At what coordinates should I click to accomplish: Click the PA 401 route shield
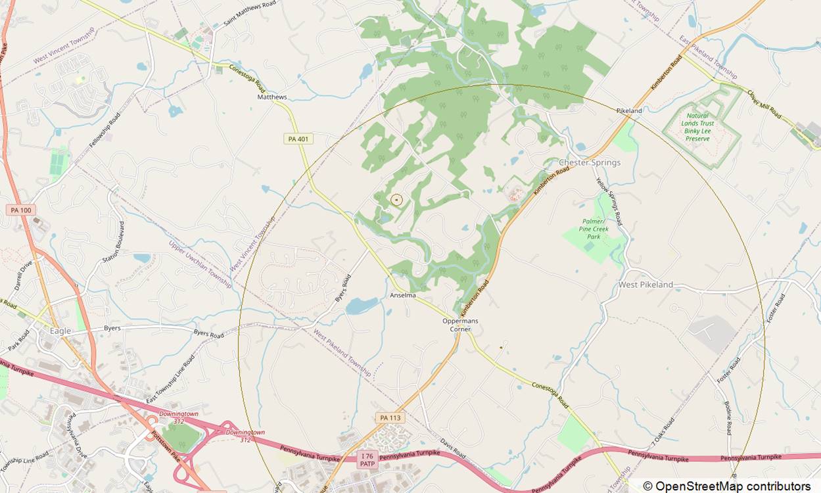pos(298,139)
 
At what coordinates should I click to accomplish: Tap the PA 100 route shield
pos(21,210)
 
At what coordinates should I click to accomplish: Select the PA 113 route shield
pos(389,417)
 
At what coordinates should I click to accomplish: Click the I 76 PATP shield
pos(367,459)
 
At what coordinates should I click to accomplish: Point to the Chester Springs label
pos(589,162)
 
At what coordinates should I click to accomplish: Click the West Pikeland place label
pos(645,285)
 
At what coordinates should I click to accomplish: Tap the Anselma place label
pos(403,295)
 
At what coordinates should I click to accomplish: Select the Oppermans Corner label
pos(460,325)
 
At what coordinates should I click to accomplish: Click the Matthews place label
pos(271,97)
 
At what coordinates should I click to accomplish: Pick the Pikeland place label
pos(629,111)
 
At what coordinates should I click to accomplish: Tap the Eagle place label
pos(60,331)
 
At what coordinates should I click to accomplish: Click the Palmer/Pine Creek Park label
pos(594,229)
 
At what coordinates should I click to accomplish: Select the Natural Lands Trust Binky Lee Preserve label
pos(697,127)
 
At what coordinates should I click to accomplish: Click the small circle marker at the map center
pos(396,199)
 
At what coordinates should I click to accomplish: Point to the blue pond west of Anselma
pos(362,306)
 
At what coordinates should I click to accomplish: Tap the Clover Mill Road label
pos(764,104)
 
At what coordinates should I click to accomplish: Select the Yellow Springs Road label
pos(609,201)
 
